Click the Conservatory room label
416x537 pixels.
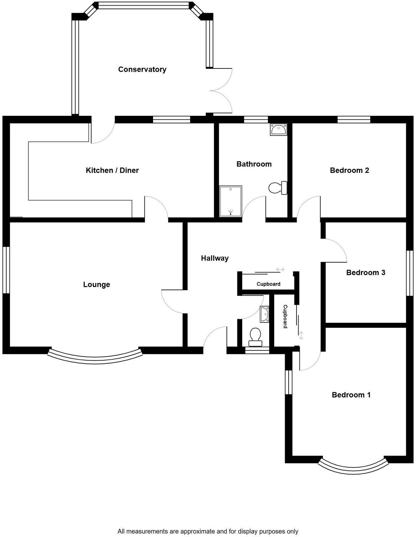(142, 69)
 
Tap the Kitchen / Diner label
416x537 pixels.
(112, 170)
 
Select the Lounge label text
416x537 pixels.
(96, 285)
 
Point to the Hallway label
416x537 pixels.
(215, 258)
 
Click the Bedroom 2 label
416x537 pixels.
(349, 170)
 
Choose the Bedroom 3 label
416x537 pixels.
(365, 272)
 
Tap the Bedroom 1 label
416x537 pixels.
(351, 395)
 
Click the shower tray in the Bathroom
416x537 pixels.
(231, 201)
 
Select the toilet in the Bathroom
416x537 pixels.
(277, 188)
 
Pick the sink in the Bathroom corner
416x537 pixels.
(278, 130)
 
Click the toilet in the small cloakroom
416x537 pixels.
(255, 337)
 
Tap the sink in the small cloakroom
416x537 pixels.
(264, 314)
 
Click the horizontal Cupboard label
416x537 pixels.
(269, 284)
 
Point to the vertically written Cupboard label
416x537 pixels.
(285, 316)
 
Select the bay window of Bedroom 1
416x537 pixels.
(353, 468)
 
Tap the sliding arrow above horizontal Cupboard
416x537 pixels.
(280, 269)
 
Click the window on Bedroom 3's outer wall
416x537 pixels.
(409, 273)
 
